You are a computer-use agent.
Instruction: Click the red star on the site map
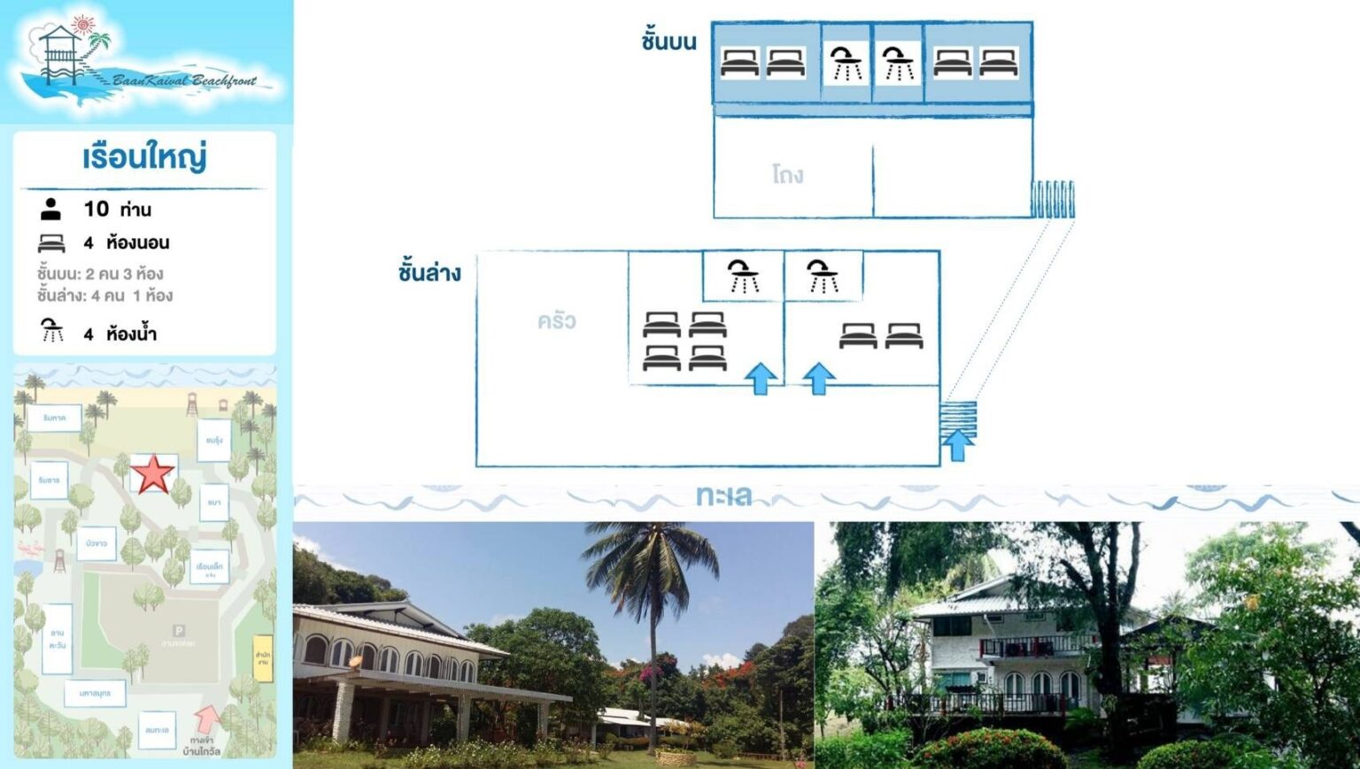(152, 473)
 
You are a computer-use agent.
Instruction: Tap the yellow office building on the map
(263, 657)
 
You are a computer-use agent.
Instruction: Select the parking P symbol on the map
(179, 630)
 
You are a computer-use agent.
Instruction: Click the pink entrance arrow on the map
(207, 718)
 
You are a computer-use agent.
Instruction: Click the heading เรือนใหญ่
(144, 158)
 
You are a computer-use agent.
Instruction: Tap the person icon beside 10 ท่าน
(51, 209)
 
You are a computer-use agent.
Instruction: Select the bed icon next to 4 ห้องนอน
(51, 242)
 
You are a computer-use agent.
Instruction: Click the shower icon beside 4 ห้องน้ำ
(52, 331)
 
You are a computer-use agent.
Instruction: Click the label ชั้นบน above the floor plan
(668, 41)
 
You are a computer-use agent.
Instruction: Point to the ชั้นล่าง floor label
(429, 272)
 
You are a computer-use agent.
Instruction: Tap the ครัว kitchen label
(556, 320)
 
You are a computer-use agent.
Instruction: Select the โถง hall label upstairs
(787, 174)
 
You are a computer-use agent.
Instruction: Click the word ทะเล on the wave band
(723, 496)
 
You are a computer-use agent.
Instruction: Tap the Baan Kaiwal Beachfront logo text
(184, 81)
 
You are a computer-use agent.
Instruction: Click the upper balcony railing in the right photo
(1031, 646)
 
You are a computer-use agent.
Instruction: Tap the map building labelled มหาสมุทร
(95, 693)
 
